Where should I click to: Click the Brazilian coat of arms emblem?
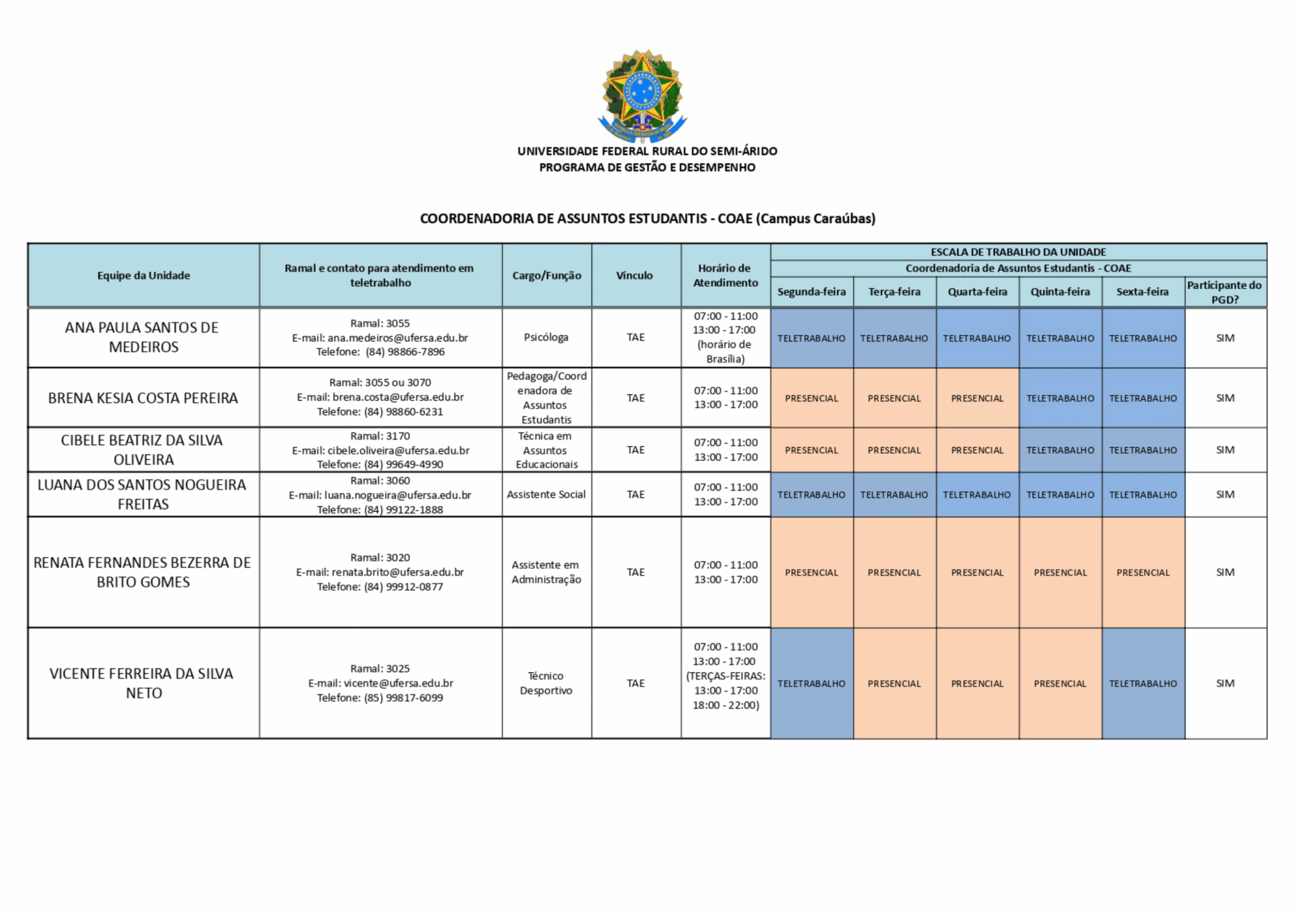click(642, 96)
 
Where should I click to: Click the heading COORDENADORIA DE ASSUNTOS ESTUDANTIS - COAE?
click(647, 219)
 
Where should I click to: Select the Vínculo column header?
click(634, 276)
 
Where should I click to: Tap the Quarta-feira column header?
click(977, 292)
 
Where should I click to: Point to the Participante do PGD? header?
click(1225, 292)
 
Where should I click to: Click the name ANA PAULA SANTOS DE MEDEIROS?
click(143, 337)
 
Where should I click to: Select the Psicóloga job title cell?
click(546, 337)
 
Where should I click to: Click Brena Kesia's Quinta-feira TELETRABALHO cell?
click(1060, 398)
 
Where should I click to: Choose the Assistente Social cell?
click(546, 494)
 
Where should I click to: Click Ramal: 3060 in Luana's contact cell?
click(380, 481)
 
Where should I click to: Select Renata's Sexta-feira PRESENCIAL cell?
click(1143, 572)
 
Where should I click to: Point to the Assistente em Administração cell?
click(546, 572)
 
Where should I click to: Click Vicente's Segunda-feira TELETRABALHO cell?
click(811, 683)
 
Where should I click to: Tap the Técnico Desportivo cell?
click(546, 683)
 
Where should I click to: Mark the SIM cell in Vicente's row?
click(1225, 683)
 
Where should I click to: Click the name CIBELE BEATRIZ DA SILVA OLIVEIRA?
click(143, 450)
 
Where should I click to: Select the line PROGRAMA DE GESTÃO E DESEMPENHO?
click(647, 167)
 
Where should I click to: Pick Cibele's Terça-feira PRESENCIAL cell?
click(894, 450)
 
